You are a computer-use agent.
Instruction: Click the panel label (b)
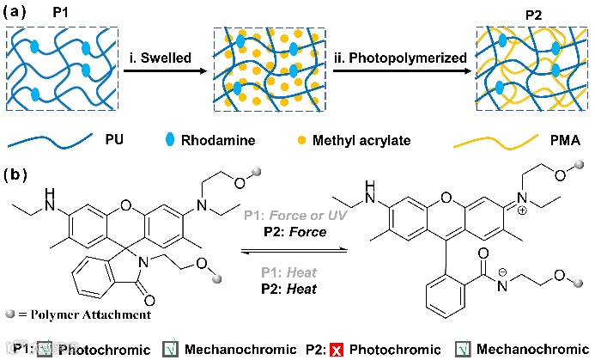pyautogui.click(x=19, y=174)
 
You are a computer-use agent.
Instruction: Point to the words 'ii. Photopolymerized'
pyautogui.click(x=403, y=59)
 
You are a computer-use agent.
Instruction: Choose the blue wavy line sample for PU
pyautogui.click(x=51, y=138)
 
